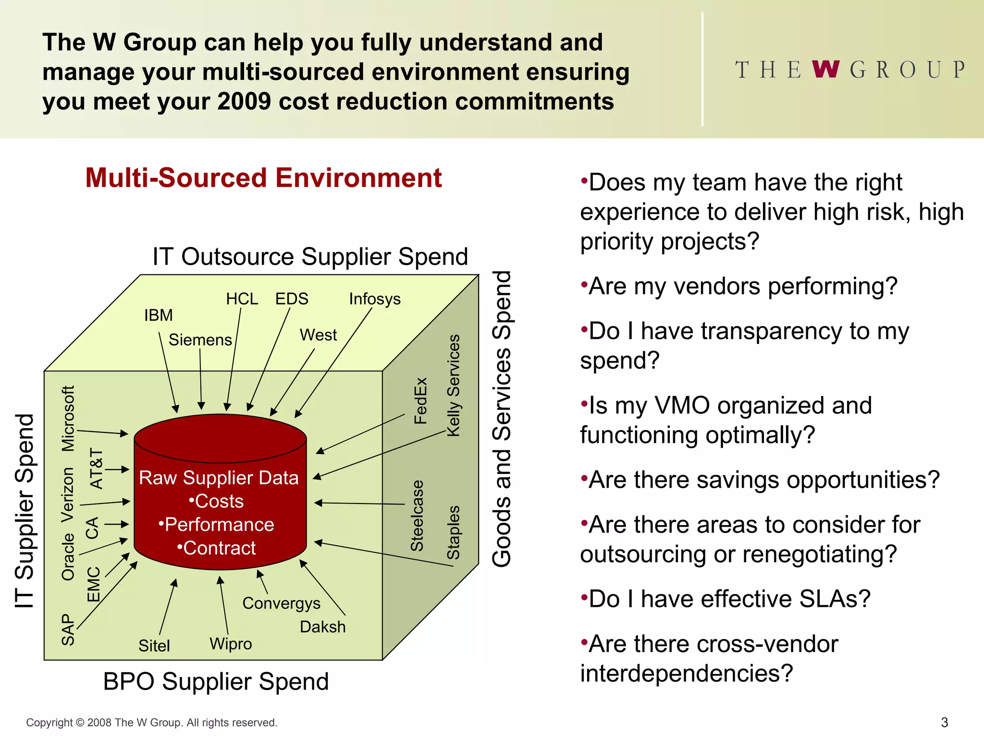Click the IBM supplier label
tap(159, 316)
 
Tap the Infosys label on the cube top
tap(375, 299)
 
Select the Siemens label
tap(200, 340)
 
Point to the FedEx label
tap(420, 401)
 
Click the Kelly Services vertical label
tap(454, 385)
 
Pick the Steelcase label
tap(417, 516)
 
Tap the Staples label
tap(454, 532)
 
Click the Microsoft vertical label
tap(68, 418)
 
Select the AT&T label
tap(96, 469)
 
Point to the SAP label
tap(68, 629)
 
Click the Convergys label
tap(281, 603)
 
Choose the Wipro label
tap(231, 644)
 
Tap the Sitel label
tap(154, 646)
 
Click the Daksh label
tap(323, 627)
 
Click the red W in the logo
tap(826, 70)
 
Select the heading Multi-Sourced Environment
tap(263, 178)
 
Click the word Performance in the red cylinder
tap(219, 525)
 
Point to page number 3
tap(944, 723)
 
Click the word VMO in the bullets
tap(682, 406)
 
